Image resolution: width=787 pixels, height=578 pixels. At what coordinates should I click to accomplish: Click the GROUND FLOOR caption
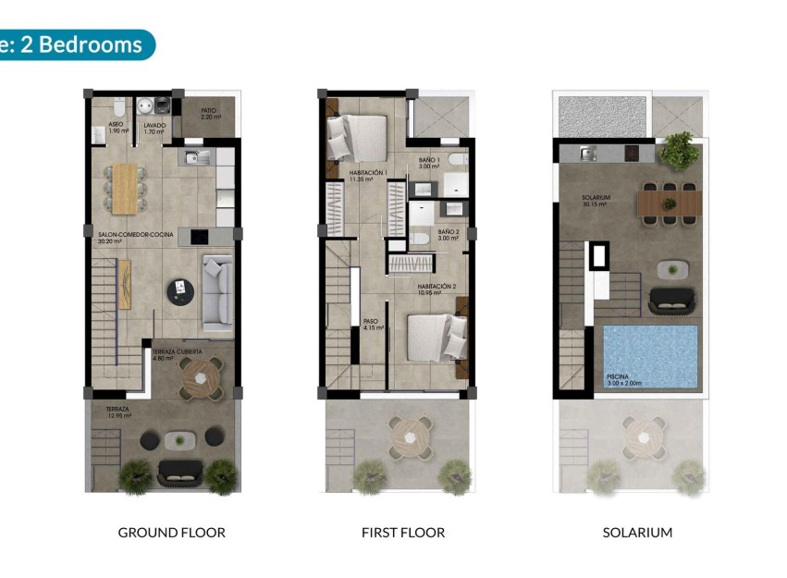(x=171, y=533)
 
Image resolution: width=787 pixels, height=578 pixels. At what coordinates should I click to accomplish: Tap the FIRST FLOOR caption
(x=403, y=533)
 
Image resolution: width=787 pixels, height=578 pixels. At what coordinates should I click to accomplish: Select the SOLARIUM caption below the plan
(x=637, y=533)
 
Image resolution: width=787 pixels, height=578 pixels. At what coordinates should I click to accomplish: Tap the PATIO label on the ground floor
(x=209, y=114)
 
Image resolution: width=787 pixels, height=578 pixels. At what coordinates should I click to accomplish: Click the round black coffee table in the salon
(x=178, y=292)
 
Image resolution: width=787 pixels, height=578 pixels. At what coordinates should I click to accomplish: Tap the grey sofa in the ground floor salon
(x=218, y=291)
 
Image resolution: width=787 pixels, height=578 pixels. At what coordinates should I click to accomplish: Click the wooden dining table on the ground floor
(x=125, y=187)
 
